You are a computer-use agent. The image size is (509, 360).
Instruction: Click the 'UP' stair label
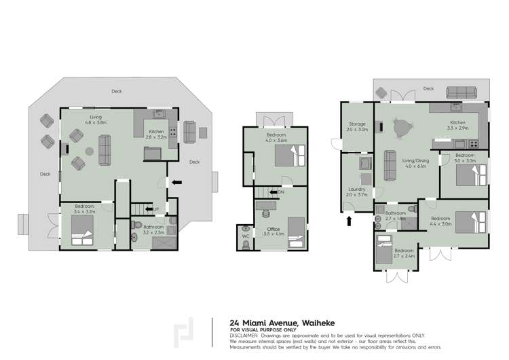[x=156, y=209]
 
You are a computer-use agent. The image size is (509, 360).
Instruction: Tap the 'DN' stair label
[x=282, y=193]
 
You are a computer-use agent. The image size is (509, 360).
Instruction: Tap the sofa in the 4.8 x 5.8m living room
[x=105, y=149]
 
